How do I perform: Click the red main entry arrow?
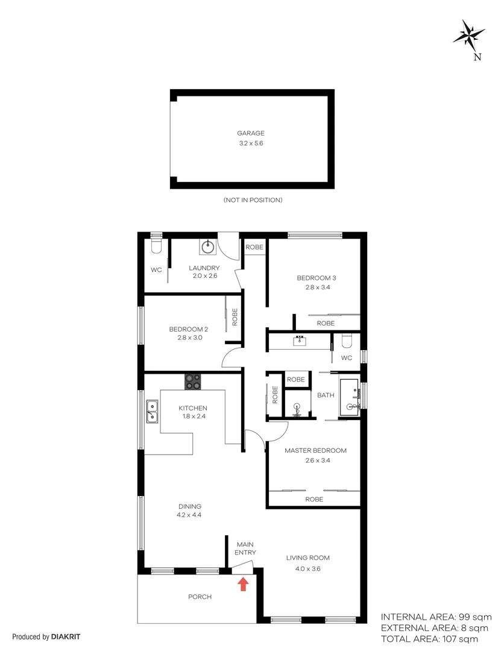coord(243,583)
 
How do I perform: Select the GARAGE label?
coord(250,133)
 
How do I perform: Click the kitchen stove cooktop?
coord(194,381)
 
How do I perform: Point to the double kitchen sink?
coord(151,412)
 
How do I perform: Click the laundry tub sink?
coord(207,246)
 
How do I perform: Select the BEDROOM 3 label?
coord(316,278)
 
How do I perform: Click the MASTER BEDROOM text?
coord(315,450)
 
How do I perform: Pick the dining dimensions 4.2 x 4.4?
coord(189,515)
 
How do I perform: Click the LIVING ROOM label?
coord(307,558)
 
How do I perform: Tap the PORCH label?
coord(200,597)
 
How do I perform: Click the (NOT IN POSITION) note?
coord(253,200)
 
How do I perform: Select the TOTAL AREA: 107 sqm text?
coord(429,639)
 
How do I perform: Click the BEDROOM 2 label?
coord(188,329)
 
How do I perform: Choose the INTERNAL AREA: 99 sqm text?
coord(436,617)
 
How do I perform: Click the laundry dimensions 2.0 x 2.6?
coord(204,275)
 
